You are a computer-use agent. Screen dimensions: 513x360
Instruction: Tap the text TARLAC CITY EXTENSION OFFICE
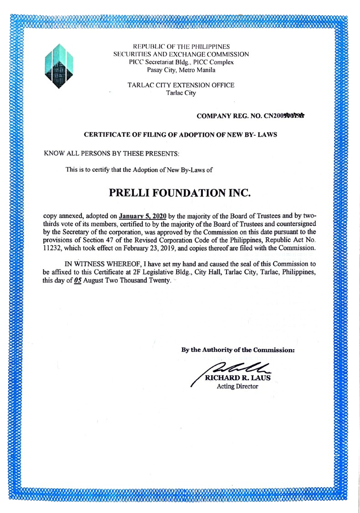[x=181, y=85]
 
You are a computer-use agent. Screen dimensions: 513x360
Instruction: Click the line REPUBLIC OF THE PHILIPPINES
[x=181, y=46]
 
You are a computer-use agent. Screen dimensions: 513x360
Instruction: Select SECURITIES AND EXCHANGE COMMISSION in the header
[x=181, y=54]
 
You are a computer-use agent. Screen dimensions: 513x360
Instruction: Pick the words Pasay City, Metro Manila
[x=181, y=70]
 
